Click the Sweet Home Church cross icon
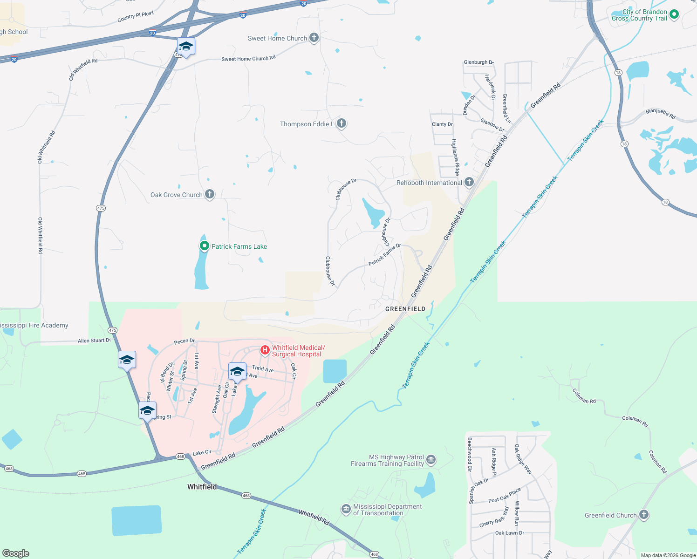point(314,38)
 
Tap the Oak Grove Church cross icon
point(210,194)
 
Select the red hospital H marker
point(265,350)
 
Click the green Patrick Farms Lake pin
point(204,246)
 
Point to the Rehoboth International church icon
point(469,182)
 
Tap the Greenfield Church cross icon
point(644,515)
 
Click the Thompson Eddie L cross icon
point(342,123)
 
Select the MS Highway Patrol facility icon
point(431,460)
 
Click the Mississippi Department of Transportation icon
point(346,510)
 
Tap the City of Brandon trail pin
point(674,14)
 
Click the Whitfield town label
point(202,487)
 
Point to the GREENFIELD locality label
point(405,309)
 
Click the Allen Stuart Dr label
point(95,341)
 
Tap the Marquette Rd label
point(660,113)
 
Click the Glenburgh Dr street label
point(478,62)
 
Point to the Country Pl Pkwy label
point(136,17)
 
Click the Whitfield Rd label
point(314,517)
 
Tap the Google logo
point(15,553)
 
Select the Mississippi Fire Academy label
point(34,325)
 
